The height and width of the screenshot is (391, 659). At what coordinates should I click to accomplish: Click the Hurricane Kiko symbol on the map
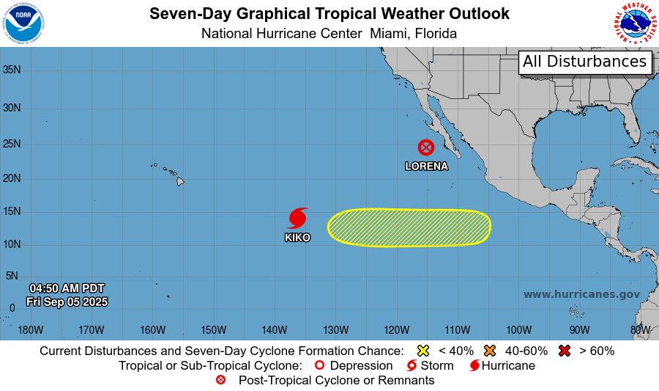[297, 219]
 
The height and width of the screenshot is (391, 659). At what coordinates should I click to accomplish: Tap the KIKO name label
[297, 238]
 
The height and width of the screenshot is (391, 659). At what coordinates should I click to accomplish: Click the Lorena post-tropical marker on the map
[425, 147]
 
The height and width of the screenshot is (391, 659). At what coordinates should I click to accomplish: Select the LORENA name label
[426, 167]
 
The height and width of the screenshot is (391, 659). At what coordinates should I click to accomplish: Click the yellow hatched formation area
[409, 227]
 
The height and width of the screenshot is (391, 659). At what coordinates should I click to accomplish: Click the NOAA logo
[23, 23]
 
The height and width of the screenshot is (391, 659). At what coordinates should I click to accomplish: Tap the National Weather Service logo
[633, 23]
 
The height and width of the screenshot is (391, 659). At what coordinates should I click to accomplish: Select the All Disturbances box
[585, 62]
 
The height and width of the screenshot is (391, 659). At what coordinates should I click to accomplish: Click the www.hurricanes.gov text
[581, 294]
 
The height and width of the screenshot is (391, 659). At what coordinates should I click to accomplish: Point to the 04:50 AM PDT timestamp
[67, 288]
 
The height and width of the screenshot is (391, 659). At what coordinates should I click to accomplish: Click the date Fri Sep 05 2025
[67, 302]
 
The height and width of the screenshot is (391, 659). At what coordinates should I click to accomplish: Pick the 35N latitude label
[12, 70]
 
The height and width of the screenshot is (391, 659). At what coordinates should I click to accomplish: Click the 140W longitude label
[274, 329]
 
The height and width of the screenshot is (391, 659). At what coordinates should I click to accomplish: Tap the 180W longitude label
[30, 329]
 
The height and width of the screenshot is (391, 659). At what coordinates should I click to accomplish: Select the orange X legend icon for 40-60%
[490, 351]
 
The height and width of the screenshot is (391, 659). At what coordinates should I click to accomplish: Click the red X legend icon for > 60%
[564, 351]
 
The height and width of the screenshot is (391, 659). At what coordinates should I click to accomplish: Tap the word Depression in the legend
[361, 365]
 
